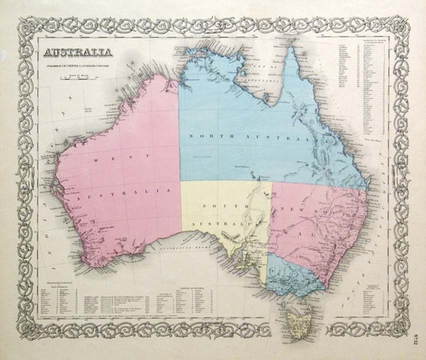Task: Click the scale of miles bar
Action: point(77,77)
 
